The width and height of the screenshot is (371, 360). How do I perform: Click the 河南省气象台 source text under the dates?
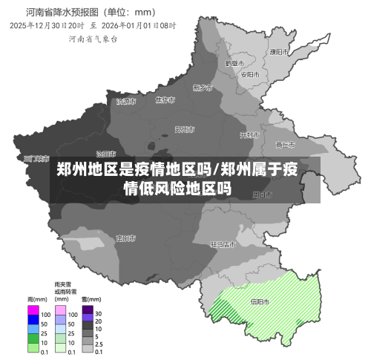tap(93, 38)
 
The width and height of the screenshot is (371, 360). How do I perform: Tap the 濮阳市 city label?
tap(279, 52)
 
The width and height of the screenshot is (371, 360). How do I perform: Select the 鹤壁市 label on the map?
tap(234, 63)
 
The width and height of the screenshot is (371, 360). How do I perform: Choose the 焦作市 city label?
tap(165, 100)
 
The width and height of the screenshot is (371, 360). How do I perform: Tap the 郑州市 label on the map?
tap(185, 129)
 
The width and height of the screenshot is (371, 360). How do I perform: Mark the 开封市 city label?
tap(249, 135)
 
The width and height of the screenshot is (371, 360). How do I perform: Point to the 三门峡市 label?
tap(34, 158)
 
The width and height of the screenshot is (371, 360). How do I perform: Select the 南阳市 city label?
tap(125, 238)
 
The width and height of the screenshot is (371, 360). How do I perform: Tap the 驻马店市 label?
tap(223, 243)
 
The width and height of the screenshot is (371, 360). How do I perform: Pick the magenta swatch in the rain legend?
tap(33, 309)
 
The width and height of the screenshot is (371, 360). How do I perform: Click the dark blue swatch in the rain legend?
tap(33, 318)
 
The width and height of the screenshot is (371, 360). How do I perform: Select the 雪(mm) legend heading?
tap(91, 298)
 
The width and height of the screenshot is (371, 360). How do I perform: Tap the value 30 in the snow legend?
tap(98, 314)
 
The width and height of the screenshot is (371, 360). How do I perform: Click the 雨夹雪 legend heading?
tap(63, 284)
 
